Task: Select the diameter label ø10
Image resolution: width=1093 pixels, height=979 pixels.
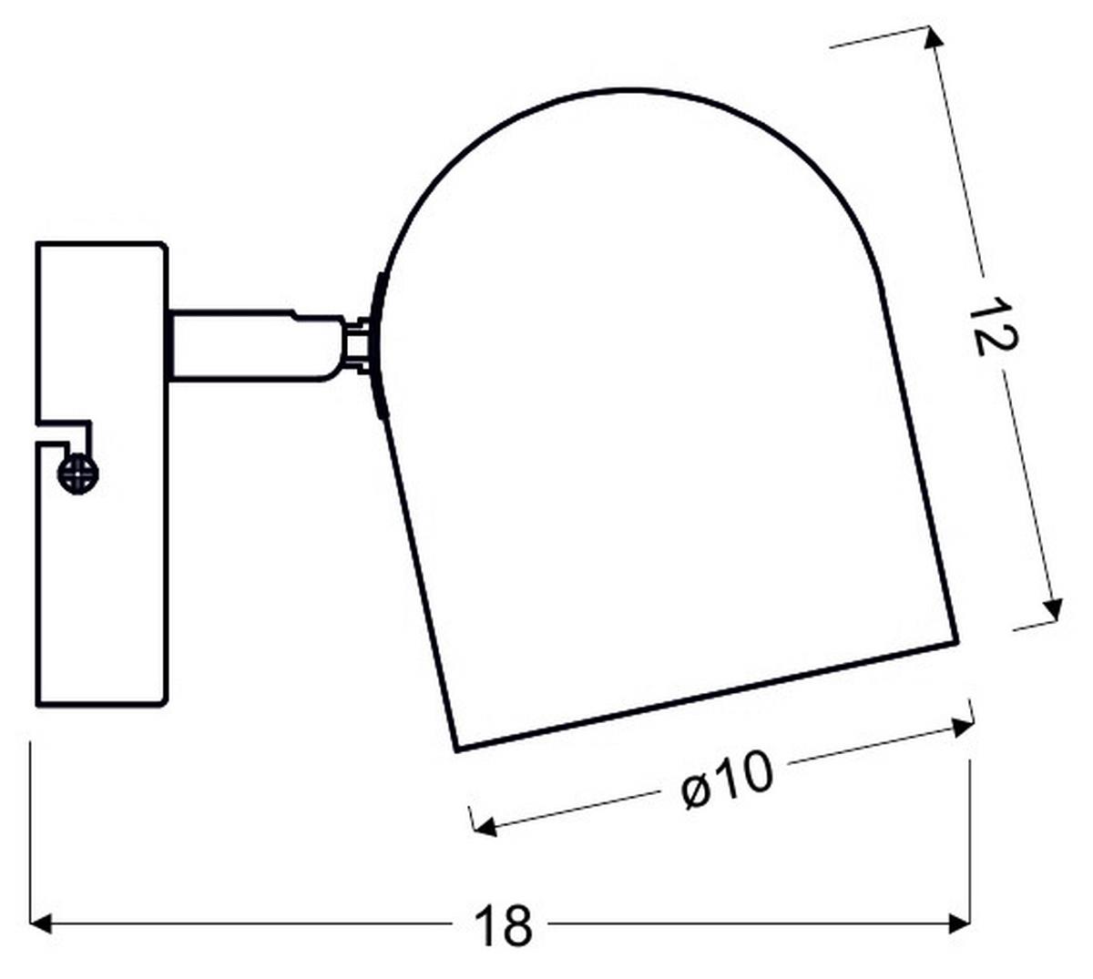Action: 727,780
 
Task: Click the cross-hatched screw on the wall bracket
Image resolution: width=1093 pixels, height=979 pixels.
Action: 78,473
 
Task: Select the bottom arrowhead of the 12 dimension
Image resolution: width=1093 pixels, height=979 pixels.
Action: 1053,610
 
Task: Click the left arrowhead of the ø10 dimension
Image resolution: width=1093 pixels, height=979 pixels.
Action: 485,826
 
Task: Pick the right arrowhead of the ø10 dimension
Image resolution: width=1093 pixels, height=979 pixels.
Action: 961,727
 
